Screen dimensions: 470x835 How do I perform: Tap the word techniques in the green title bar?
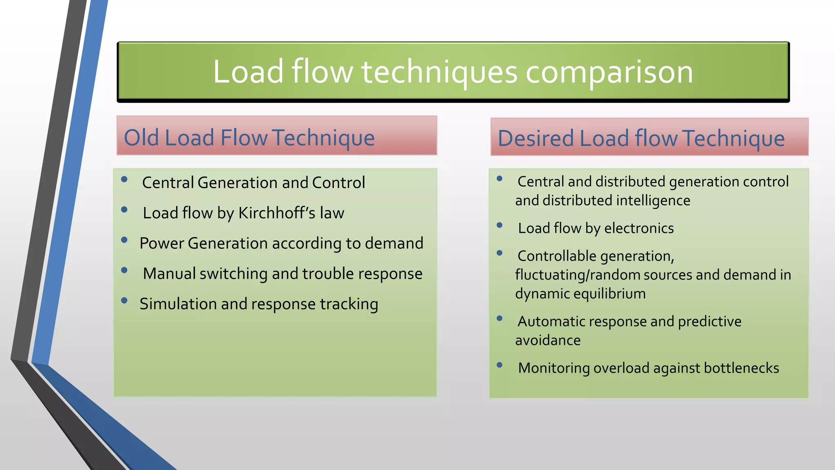tap(439, 72)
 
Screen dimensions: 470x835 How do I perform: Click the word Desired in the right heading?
tap(535, 138)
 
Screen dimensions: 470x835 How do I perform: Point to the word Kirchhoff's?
tap(276, 213)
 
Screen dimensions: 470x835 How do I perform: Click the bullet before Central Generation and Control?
tap(124, 179)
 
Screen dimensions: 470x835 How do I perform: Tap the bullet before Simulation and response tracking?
tap(124, 301)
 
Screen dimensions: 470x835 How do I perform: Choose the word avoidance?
tap(548, 340)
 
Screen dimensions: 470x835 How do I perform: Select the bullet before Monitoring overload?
tap(499, 365)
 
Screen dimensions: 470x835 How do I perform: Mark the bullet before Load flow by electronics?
tap(499, 225)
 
